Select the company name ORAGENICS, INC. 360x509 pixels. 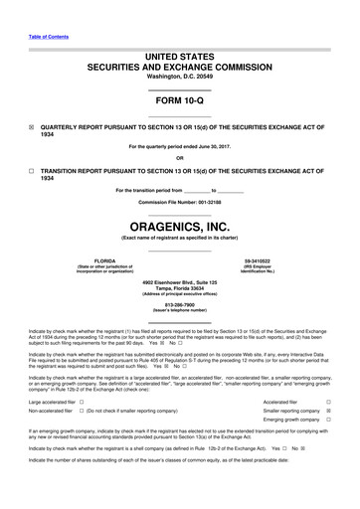tap(179, 227)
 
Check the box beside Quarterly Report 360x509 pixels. tap(32, 127)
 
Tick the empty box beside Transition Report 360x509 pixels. tap(32, 171)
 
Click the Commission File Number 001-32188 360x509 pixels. tap(179, 201)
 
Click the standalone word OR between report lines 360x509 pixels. tap(179, 157)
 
